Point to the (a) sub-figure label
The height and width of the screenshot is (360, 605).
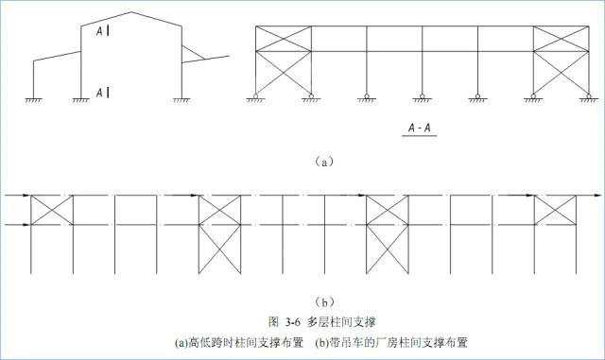(x=323, y=162)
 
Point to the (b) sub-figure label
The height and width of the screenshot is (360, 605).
(x=323, y=302)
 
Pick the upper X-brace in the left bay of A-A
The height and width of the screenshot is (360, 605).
(x=284, y=39)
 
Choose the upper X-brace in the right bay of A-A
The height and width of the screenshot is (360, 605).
(x=562, y=39)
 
